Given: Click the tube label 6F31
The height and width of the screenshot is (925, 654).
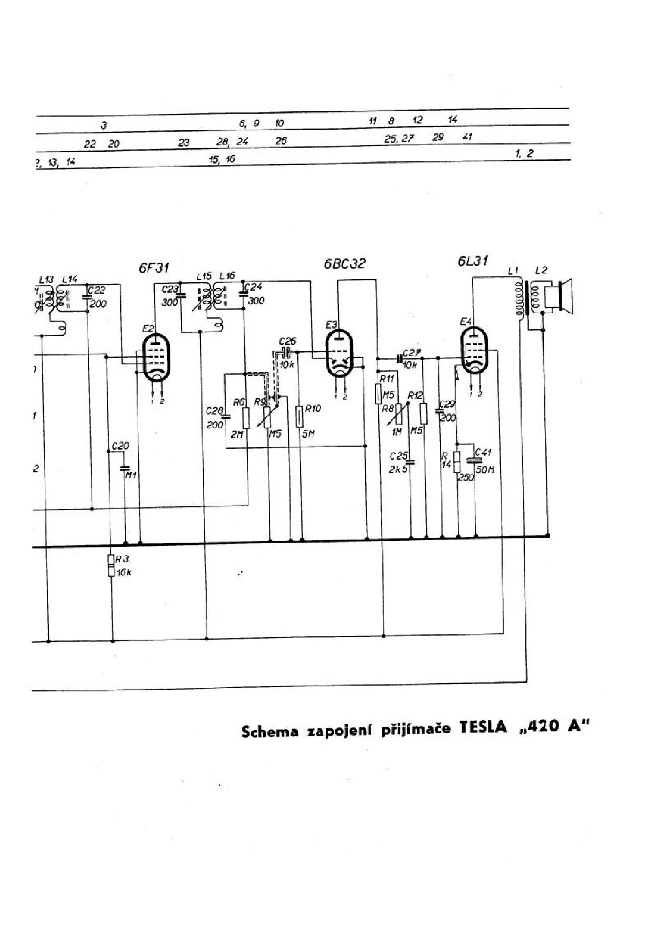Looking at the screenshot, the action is tap(153, 268).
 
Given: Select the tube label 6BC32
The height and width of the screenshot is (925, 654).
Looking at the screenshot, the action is tap(344, 264).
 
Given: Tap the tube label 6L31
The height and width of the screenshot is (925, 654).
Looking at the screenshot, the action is tap(473, 261).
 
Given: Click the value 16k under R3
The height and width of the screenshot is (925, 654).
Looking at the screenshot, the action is tap(123, 572).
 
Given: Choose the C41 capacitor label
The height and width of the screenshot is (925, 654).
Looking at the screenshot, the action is tap(483, 452).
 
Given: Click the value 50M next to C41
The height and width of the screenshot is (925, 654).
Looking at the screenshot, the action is tap(485, 470).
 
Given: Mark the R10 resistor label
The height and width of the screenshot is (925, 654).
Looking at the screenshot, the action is tap(313, 409).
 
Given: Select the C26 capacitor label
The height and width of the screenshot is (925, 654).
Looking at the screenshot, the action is tap(287, 341).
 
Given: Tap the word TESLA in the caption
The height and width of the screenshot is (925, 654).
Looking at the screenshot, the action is tap(483, 728).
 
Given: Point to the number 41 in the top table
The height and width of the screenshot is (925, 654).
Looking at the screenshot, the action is tap(467, 137).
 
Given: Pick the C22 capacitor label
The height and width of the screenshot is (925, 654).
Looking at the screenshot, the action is tap(97, 290).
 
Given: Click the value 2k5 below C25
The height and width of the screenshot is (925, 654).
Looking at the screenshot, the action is tap(398, 470).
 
